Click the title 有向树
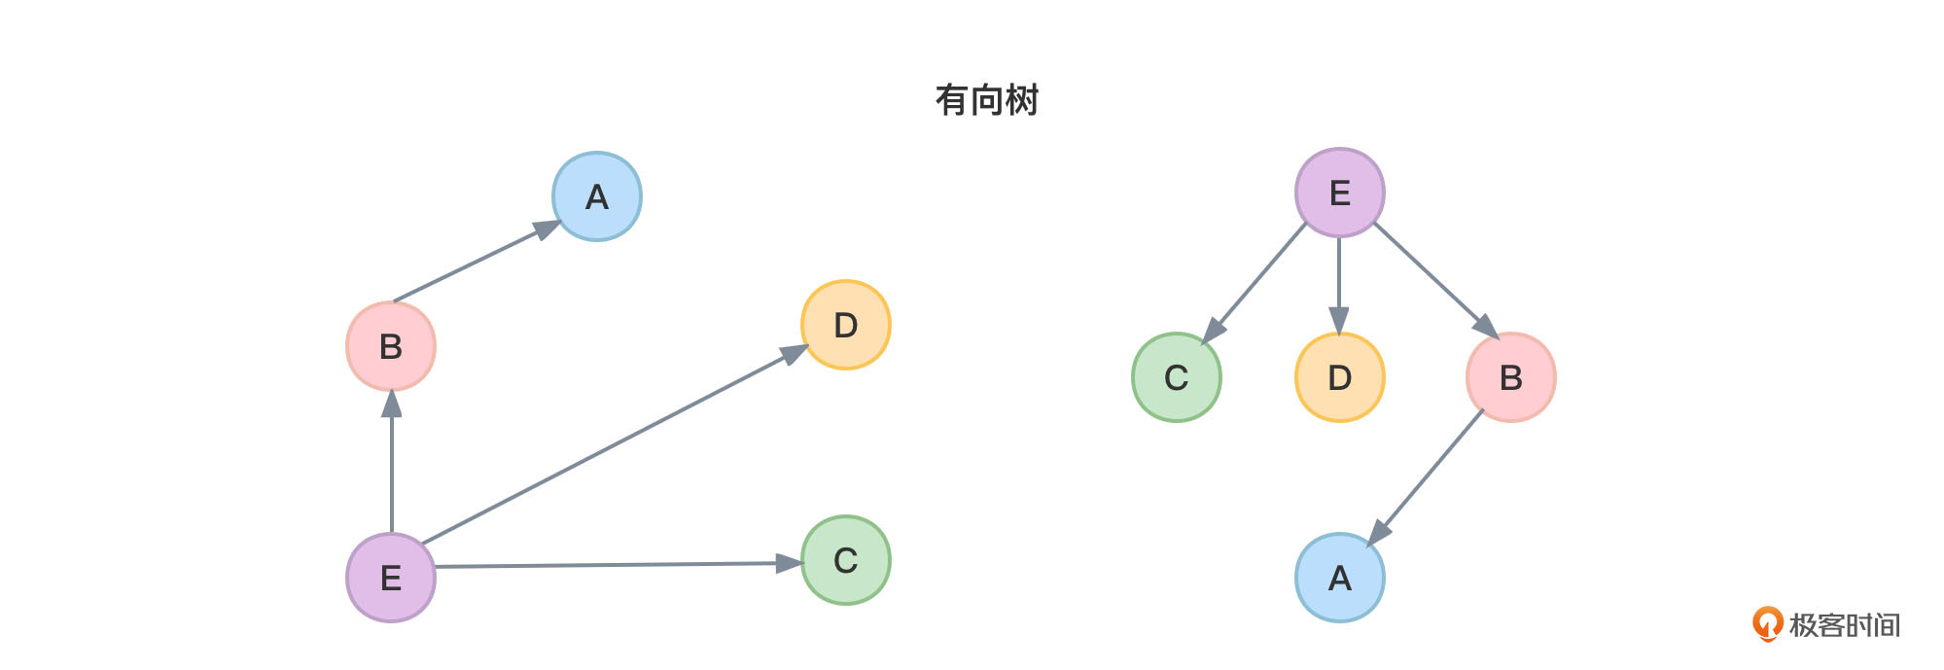tap(986, 100)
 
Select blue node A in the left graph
tap(596, 196)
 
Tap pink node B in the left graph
tap(391, 346)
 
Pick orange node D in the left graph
tap(845, 325)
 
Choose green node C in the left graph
tap(845, 560)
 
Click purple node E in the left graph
tap(391, 578)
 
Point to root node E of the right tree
tap(1339, 193)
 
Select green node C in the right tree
tap(1176, 377)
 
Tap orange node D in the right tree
tap(1339, 377)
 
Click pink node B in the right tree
tap(1510, 377)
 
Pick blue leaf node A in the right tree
tap(1339, 578)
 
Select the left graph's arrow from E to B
tap(392, 462)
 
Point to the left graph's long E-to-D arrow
tap(613, 445)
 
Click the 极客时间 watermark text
tap(1843, 625)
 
